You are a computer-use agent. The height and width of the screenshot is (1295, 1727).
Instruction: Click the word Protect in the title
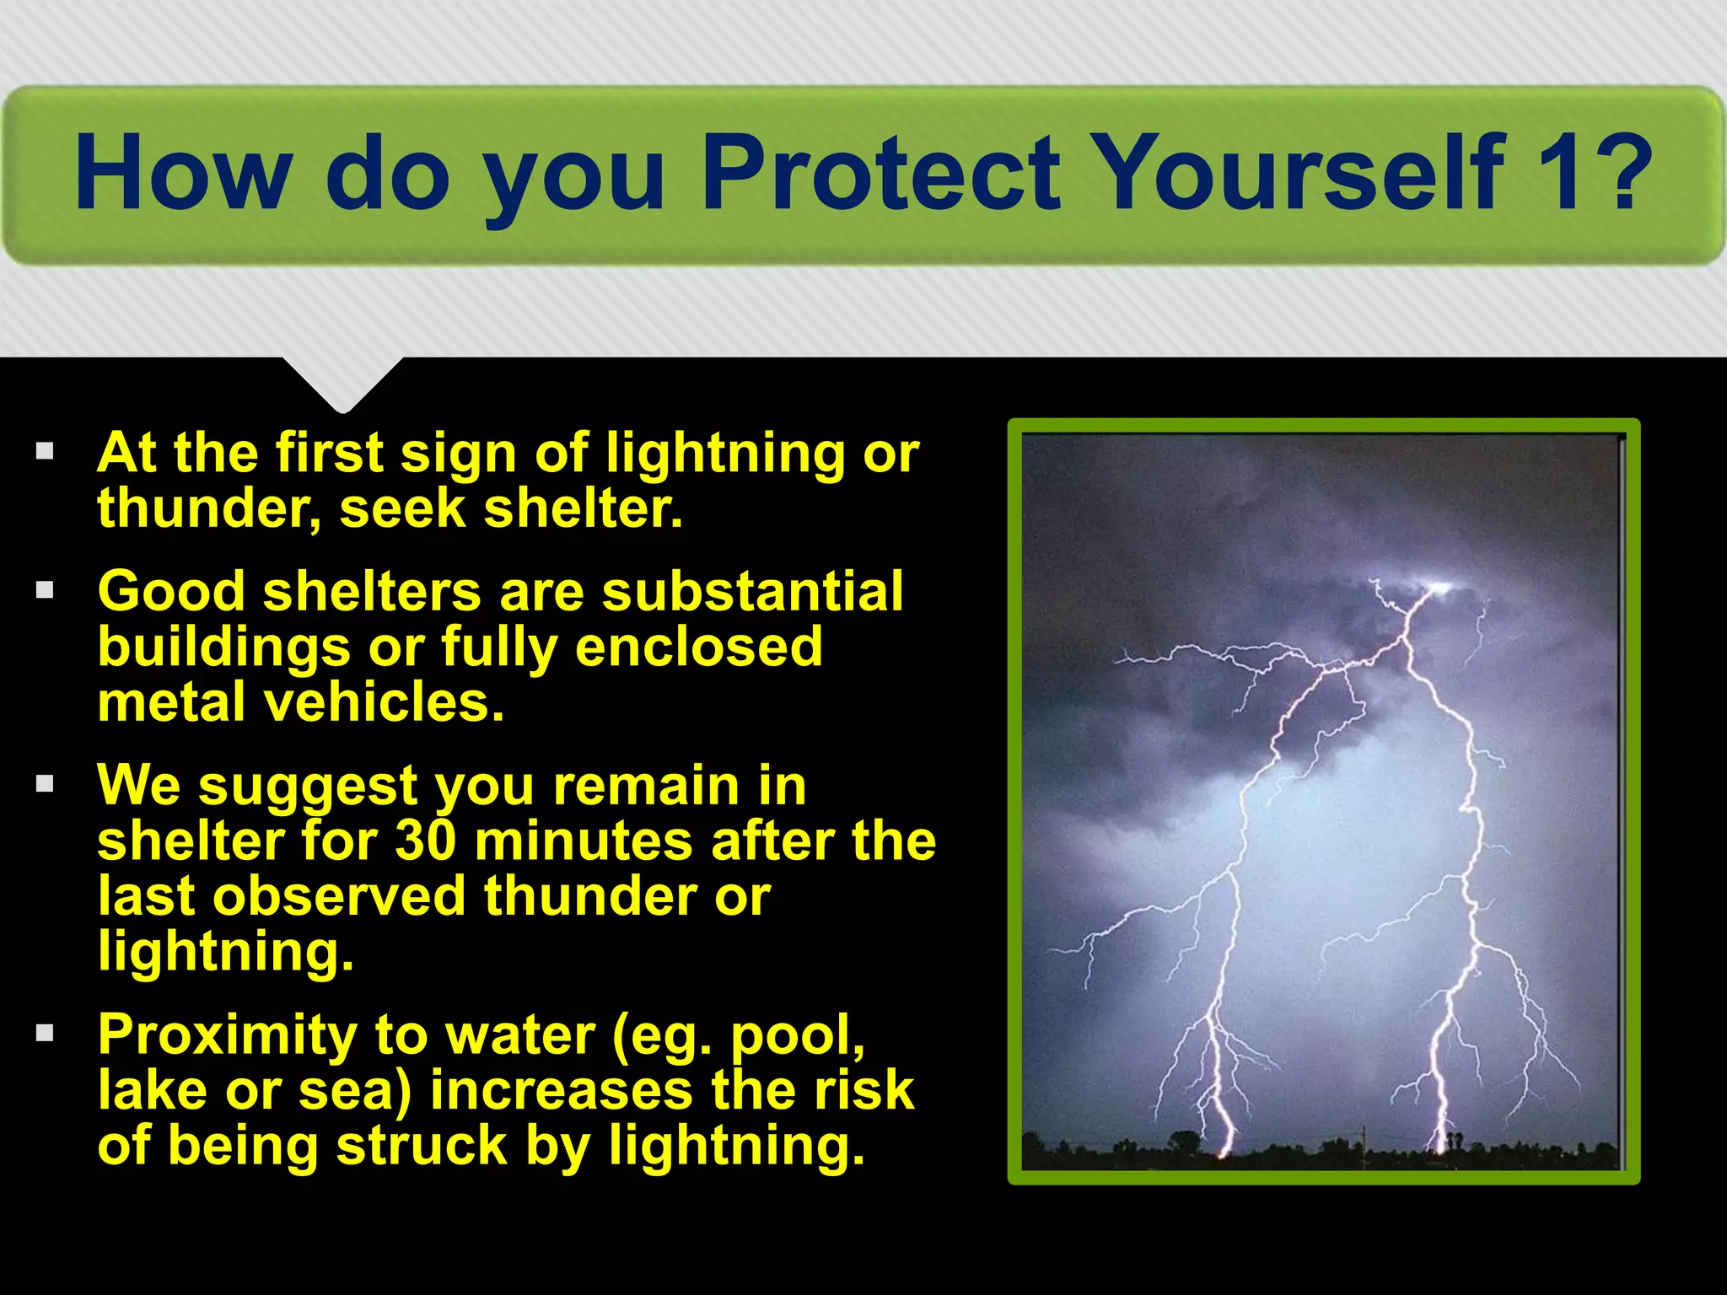point(880,173)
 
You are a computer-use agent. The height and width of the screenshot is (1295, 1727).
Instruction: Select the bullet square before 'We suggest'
point(45,784)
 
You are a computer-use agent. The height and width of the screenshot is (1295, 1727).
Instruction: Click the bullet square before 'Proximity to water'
point(45,1033)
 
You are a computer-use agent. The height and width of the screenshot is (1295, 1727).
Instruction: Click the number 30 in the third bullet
point(426,841)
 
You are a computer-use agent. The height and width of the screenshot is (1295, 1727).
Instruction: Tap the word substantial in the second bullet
point(752,591)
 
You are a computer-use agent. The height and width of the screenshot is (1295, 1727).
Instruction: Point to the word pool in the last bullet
point(797,1035)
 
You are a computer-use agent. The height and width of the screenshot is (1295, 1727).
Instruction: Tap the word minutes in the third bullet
point(583,841)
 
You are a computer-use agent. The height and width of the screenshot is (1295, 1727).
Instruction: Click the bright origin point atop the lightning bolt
point(1437,587)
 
